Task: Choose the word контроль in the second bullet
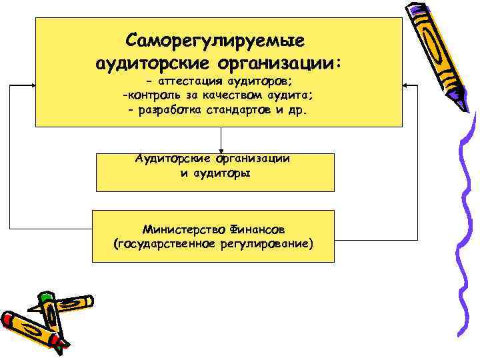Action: click(x=153, y=96)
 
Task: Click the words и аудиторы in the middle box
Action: click(x=215, y=173)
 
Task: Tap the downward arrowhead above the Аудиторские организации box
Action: click(x=221, y=150)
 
